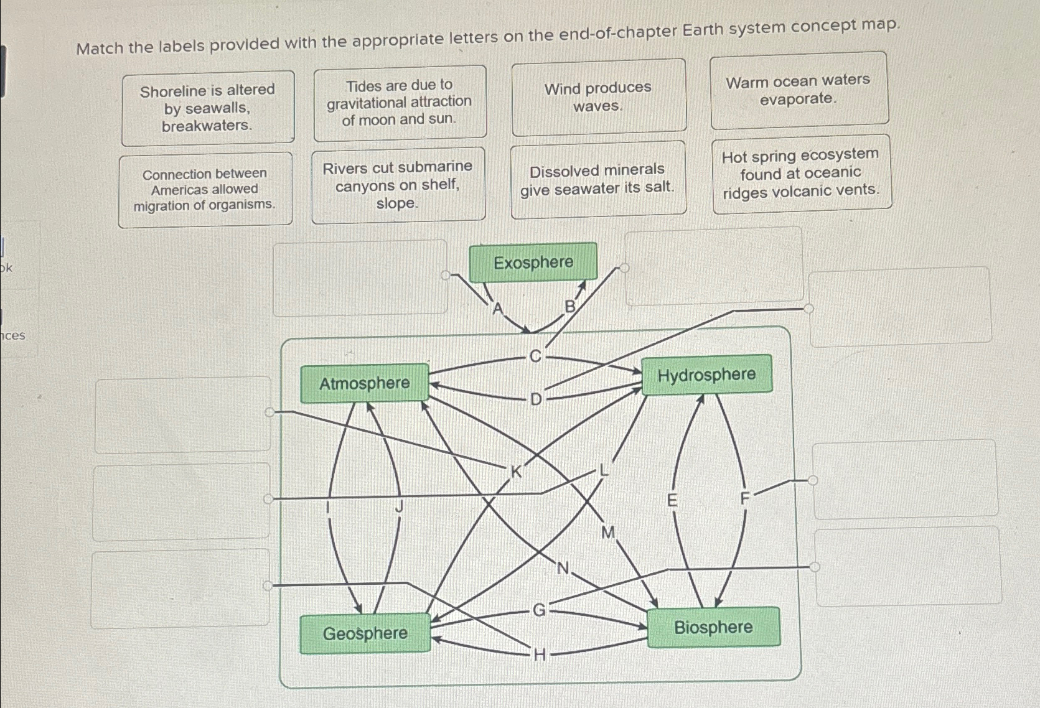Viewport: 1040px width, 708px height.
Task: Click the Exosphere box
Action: coord(533,263)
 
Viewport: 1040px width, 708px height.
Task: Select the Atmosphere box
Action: coord(364,383)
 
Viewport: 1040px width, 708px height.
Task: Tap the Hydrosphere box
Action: coord(706,375)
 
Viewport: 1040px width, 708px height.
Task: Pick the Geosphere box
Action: coord(365,633)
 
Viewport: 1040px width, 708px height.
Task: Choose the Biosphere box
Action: coord(713,627)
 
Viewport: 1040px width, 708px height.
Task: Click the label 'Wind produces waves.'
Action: coord(598,96)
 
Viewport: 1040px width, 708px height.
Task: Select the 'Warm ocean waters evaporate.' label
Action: coord(798,90)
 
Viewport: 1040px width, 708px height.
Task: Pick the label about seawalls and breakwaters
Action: coord(207,108)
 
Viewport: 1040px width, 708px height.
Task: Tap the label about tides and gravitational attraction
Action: coord(400,102)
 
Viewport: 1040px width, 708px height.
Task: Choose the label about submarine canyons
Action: coord(398,185)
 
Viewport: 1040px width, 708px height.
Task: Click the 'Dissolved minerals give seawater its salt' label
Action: coord(597,179)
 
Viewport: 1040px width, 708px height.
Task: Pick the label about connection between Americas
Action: coord(205,189)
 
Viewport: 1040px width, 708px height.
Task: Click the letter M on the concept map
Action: coord(608,532)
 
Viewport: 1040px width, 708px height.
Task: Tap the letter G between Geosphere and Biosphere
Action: coord(539,610)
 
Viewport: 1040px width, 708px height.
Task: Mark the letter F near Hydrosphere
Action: coord(745,498)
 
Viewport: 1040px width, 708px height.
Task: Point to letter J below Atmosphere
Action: coord(400,507)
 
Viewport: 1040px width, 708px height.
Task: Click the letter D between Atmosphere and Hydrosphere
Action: coord(536,399)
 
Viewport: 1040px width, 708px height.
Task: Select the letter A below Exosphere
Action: coord(497,308)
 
